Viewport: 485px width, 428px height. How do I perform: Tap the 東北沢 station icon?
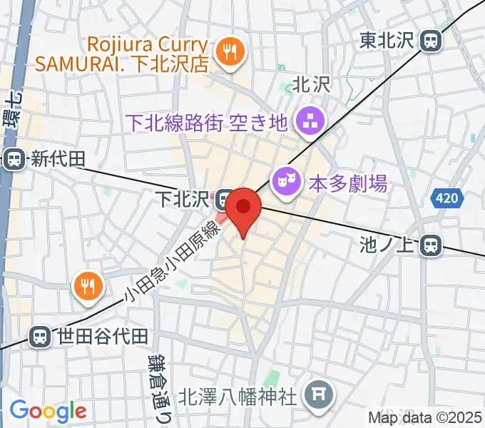(x=431, y=41)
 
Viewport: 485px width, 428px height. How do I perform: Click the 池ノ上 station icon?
(x=430, y=246)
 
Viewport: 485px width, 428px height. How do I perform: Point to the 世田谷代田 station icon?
(x=40, y=336)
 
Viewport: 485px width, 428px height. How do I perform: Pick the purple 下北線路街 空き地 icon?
(x=310, y=123)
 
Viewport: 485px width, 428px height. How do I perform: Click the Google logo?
(x=48, y=411)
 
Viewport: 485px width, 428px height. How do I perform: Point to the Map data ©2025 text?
(x=425, y=417)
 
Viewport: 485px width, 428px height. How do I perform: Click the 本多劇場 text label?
(x=348, y=185)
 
